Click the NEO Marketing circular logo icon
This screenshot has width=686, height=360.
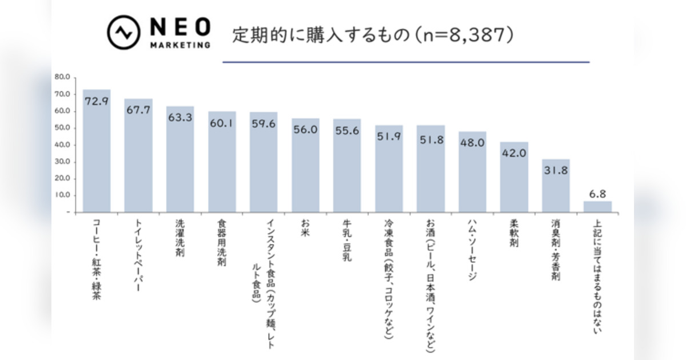point(124,33)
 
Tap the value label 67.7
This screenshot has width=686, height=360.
point(138,110)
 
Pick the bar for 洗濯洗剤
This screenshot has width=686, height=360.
point(180,159)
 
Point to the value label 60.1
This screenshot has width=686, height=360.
point(222,122)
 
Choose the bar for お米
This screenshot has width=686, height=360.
point(305,165)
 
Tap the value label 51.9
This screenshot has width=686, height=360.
point(389,137)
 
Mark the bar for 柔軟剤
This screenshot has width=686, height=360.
point(514,177)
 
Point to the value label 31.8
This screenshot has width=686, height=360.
point(556,170)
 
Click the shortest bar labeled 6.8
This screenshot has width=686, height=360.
point(597,206)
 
